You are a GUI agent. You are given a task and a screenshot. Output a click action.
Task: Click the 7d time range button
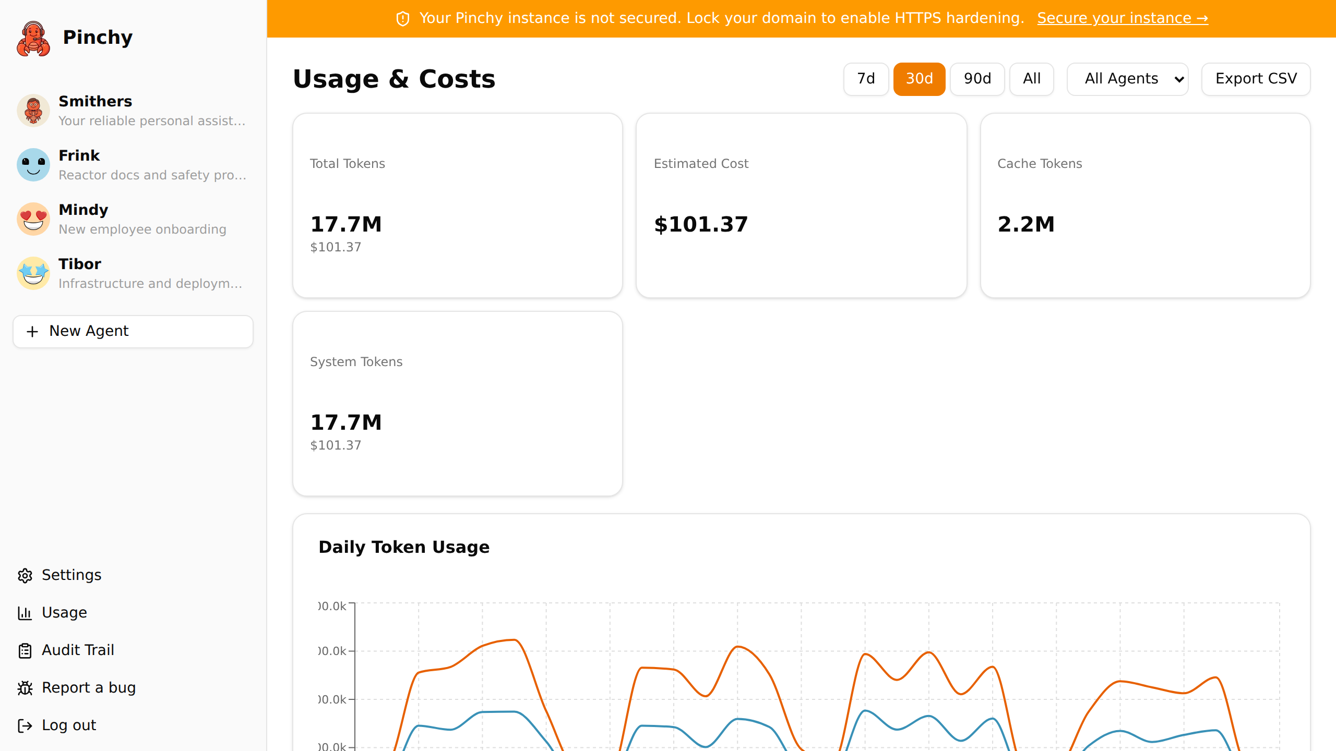[866, 79]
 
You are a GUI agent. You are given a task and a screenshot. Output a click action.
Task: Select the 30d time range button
[919, 79]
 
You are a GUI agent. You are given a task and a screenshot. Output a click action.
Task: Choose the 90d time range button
[977, 79]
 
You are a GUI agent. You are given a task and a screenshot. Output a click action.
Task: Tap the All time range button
[1031, 79]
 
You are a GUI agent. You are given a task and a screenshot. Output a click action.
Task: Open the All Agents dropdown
[1127, 79]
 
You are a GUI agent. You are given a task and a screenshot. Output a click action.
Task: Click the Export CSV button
[1256, 79]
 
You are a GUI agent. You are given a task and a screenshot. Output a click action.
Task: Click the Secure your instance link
[1123, 18]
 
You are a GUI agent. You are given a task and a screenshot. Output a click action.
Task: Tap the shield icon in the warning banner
[403, 19]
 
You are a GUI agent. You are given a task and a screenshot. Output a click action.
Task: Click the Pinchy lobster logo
[33, 38]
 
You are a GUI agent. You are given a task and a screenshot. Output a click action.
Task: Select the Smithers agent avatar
[33, 111]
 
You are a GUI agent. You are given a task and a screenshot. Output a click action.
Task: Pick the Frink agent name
[79, 155]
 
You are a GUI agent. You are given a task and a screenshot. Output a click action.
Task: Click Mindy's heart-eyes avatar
[33, 219]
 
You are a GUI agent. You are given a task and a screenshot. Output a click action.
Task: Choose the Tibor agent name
[80, 264]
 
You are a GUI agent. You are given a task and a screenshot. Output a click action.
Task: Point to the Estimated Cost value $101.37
[701, 224]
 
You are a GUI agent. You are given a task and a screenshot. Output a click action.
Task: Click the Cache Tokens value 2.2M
[1026, 224]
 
